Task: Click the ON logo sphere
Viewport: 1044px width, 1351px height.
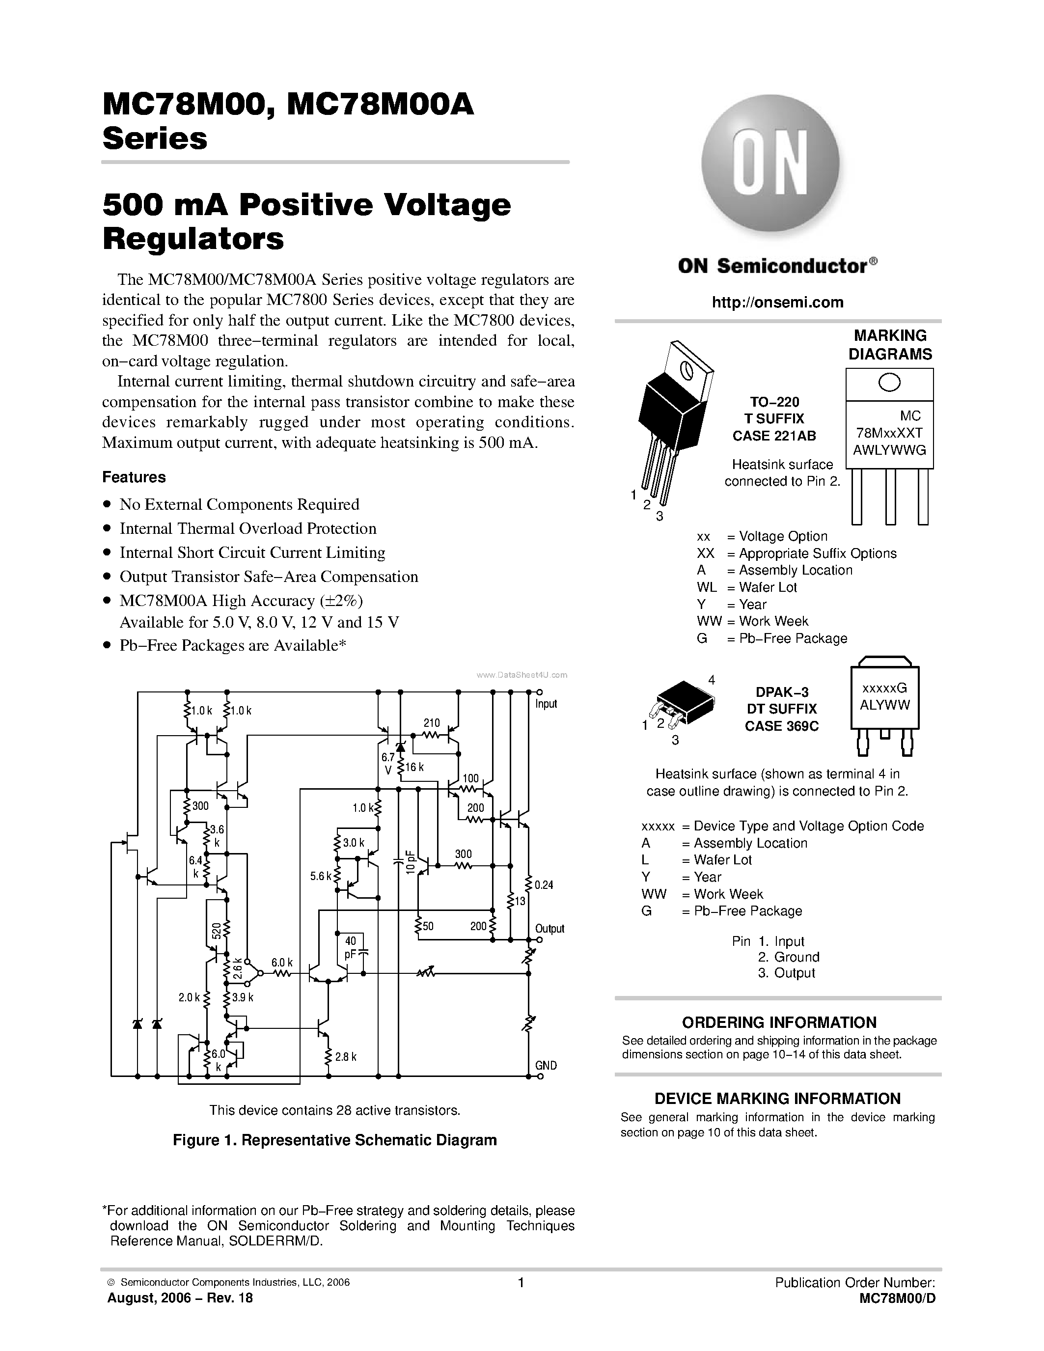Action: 770,164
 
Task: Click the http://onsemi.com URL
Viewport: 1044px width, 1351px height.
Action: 777,303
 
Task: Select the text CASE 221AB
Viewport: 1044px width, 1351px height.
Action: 774,436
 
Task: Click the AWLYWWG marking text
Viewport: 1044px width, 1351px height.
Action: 889,450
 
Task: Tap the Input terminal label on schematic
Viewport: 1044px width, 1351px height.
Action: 546,704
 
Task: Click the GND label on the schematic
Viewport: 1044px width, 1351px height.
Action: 546,1065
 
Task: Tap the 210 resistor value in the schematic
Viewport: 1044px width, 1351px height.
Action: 432,723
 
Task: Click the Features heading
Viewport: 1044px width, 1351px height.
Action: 134,477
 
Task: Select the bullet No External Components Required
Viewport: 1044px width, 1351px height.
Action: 239,505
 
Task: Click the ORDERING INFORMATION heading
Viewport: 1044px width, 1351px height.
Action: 779,1022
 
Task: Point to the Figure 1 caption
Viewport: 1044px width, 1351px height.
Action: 334,1140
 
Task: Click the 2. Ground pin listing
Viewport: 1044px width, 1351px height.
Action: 788,957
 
